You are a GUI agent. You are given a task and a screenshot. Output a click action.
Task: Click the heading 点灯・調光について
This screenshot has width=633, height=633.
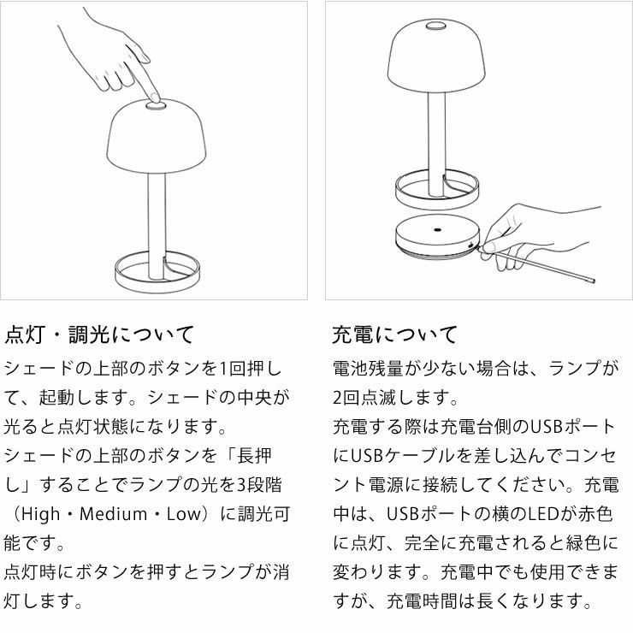tap(99, 334)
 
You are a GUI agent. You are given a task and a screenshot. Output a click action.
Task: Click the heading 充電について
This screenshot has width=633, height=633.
tap(394, 334)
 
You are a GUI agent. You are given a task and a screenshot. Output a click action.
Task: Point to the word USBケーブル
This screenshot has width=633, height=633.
tap(401, 455)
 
